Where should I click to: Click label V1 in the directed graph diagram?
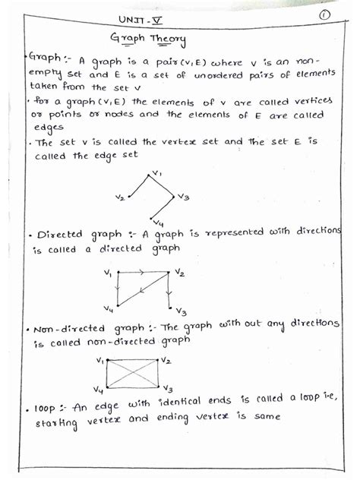tap(108, 273)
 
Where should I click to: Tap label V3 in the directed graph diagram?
tap(180, 311)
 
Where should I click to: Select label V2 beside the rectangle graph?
tap(166, 360)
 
